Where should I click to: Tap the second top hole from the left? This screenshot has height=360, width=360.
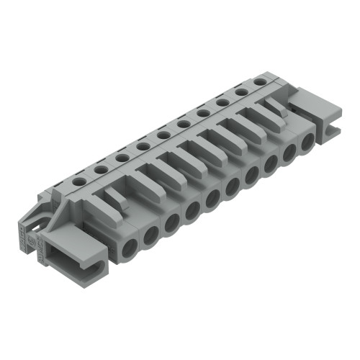click(x=101, y=168)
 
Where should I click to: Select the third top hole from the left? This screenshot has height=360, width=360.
click(x=122, y=156)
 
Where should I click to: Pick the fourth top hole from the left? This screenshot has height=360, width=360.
click(x=143, y=146)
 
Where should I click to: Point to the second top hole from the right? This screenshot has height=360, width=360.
click(x=241, y=92)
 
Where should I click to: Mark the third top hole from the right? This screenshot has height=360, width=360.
click(x=222, y=102)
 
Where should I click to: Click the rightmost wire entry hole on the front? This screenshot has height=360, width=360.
click(x=307, y=141)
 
